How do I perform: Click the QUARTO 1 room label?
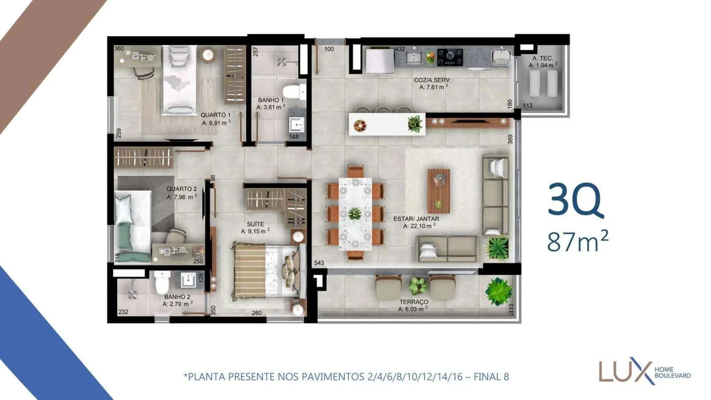pyautogui.click(x=216, y=115)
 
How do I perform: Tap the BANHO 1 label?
pyautogui.click(x=271, y=100)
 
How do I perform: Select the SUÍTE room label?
pyautogui.click(x=255, y=224)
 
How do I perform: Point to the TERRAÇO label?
pyautogui.click(x=413, y=301)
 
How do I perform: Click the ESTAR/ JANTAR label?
pyautogui.click(x=416, y=219)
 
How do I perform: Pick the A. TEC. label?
pyautogui.click(x=542, y=58)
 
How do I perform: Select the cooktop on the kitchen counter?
pyautogui.click(x=450, y=57)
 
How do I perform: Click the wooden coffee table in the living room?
pyautogui.click(x=439, y=191)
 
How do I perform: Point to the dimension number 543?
pyautogui.click(x=319, y=263)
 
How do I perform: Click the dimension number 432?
pyautogui.click(x=399, y=49)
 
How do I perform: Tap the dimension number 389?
pyautogui.click(x=510, y=139)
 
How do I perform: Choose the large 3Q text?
pyautogui.click(x=575, y=200)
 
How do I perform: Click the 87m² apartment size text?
pyautogui.click(x=578, y=241)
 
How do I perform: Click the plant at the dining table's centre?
pyautogui.click(x=355, y=213)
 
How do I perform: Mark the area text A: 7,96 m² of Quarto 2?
pyautogui.click(x=182, y=197)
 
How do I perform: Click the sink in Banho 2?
pyautogui.click(x=189, y=279)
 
